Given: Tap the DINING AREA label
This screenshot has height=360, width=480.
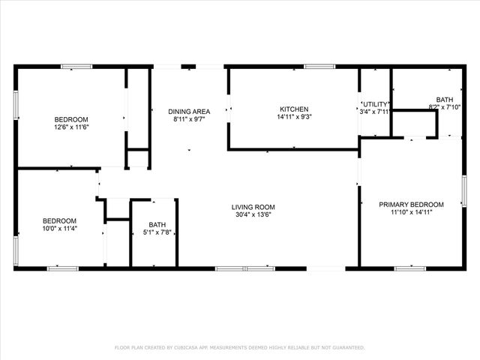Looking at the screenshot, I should [189, 111].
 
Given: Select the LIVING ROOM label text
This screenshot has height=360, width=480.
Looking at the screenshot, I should [253, 207].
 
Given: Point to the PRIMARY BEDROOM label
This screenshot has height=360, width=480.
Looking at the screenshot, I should [411, 204].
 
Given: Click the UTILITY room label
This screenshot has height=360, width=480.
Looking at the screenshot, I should [375, 103].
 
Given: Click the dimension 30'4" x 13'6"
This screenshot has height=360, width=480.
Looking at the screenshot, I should [253, 215].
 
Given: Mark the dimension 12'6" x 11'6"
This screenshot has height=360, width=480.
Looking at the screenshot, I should [71, 127].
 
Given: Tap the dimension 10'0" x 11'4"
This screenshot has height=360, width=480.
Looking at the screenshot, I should [58, 229].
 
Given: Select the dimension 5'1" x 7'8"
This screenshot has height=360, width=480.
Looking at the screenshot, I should [157, 232].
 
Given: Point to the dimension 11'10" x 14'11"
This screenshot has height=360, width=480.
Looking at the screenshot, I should [411, 212].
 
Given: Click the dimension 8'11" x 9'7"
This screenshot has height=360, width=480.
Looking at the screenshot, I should [189, 119].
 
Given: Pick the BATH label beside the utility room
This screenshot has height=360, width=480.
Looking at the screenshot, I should [445, 100].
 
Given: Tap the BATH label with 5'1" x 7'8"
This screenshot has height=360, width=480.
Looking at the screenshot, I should [157, 224].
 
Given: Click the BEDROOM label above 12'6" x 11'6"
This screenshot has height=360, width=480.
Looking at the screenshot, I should [71, 119].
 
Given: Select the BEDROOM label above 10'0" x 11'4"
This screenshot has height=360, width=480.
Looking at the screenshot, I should [58, 220].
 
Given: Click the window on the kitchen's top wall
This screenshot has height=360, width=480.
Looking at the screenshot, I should [319, 67].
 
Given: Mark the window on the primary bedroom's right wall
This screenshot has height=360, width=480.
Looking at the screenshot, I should [464, 190].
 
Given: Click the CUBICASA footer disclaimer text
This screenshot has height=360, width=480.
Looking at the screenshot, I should [239, 347].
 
